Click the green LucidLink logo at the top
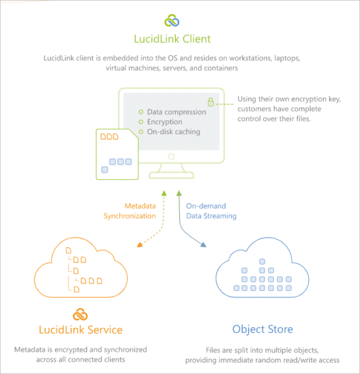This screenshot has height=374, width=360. point(172,20)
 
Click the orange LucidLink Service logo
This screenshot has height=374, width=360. point(81,314)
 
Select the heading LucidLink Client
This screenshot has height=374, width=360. point(172,39)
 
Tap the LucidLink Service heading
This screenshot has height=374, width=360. point(81,330)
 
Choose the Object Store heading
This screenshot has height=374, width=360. point(262,330)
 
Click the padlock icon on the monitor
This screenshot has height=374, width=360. point(210,102)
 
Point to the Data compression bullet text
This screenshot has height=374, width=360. point(176,112)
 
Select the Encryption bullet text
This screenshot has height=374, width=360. point(164,122)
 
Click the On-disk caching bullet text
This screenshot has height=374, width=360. point(174,132)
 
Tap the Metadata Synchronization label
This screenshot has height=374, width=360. point(130,211)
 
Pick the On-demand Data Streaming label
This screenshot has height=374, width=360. point(211,211)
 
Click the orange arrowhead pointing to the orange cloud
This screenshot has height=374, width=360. point(140,245)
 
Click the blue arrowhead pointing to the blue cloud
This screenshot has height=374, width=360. point(204,245)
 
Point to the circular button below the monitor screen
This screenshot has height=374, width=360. point(171,156)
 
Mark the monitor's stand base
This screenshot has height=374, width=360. point(171,175)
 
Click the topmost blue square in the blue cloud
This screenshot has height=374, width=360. point(262,261)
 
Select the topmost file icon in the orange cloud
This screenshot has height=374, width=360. point(68,250)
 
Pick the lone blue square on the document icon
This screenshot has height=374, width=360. point(105,170)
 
